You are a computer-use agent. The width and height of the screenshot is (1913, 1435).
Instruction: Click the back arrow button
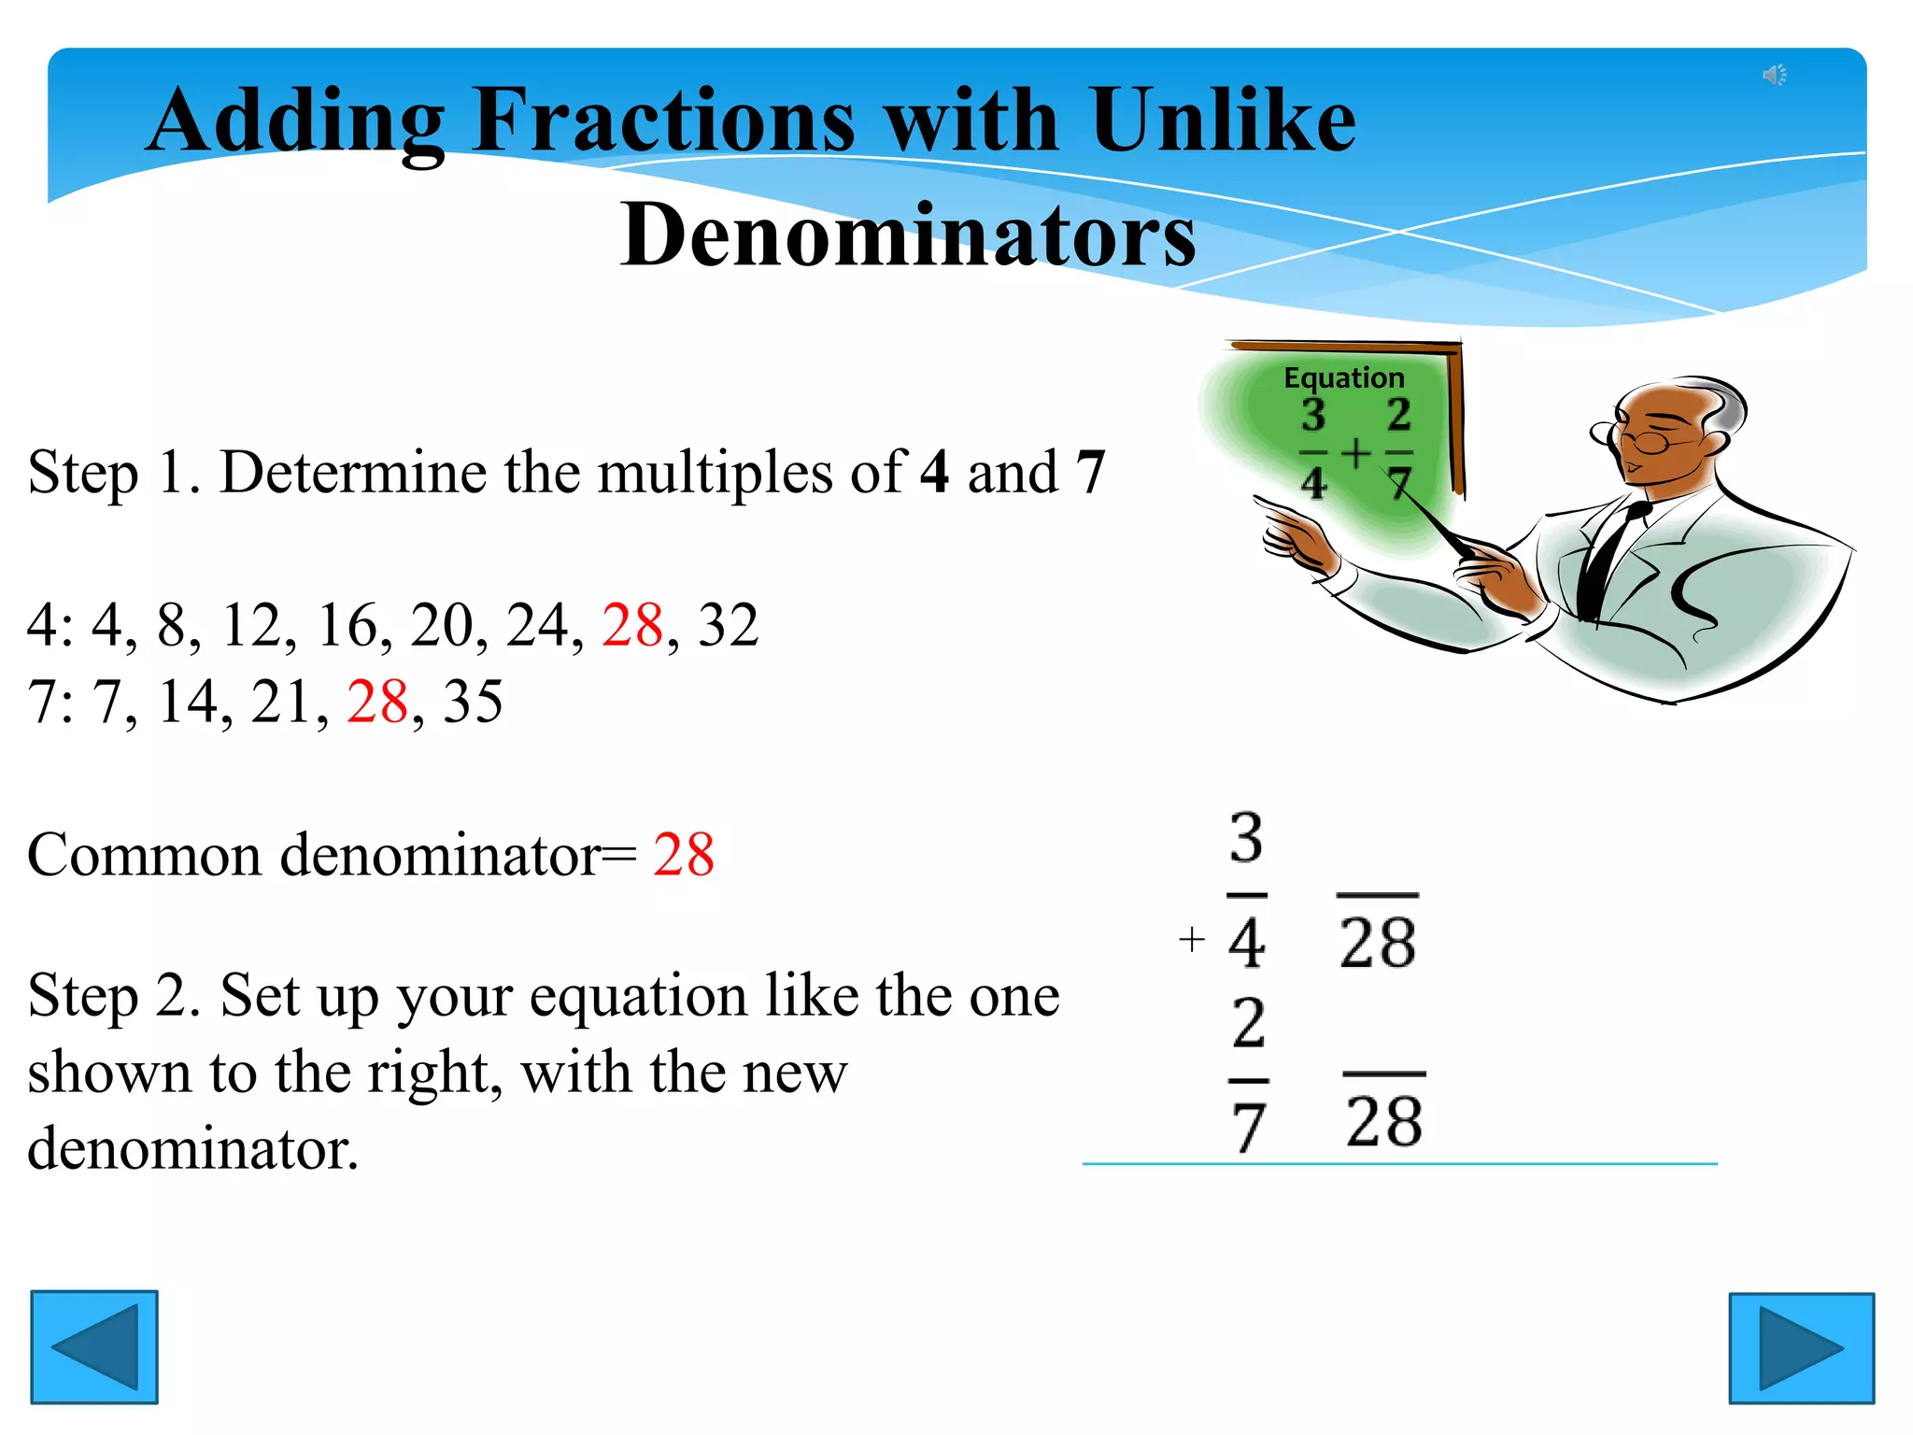pos(94,1346)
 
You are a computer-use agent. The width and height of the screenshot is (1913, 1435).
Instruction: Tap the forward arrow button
pos(1801,1347)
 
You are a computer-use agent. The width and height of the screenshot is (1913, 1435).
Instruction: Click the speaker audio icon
pos(1774,75)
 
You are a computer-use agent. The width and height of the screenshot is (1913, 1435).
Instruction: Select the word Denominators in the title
pos(908,234)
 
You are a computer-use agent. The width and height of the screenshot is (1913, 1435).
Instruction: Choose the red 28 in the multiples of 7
pos(377,701)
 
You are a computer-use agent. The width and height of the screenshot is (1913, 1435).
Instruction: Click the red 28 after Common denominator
pos(684,854)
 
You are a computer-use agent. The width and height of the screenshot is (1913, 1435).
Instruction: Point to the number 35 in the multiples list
pos(473,701)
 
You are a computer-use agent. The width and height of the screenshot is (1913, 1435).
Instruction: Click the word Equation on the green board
pos(1343,377)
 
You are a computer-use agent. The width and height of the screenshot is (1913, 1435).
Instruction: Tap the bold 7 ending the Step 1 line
pos(1090,472)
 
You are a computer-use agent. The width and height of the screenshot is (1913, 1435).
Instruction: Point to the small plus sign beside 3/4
pos(1191,938)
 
